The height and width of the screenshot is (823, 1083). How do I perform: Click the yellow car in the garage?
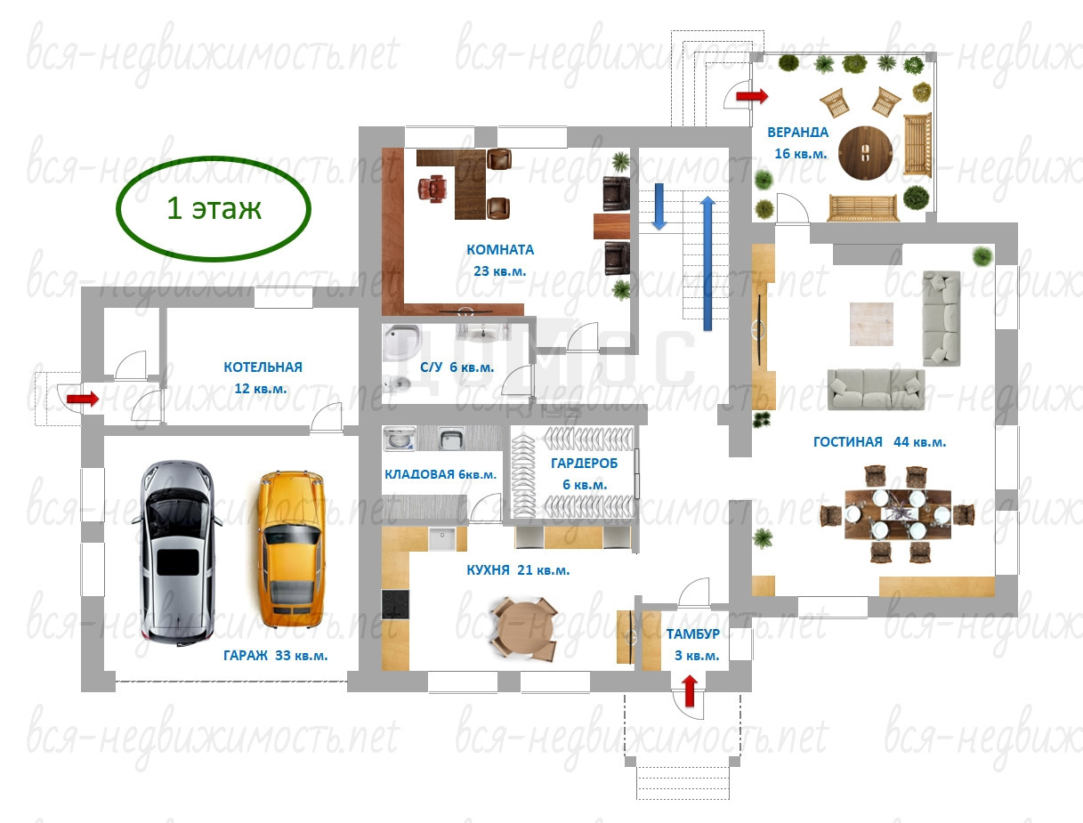click(x=291, y=549)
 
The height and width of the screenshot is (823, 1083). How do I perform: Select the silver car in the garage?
click(x=176, y=553)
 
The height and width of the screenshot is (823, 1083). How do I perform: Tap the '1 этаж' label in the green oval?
click(x=214, y=208)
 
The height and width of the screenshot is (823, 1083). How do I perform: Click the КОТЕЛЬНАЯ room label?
click(x=263, y=367)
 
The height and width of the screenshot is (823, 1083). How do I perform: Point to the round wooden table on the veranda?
click(x=865, y=153)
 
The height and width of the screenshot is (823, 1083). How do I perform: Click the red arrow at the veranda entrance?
click(x=752, y=96)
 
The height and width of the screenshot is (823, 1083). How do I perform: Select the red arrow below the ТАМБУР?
click(x=690, y=690)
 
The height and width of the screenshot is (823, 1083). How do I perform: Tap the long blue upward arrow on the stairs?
click(x=707, y=263)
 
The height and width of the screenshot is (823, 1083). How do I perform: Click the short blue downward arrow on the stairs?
click(x=659, y=206)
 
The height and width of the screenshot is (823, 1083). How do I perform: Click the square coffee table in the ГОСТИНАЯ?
click(x=871, y=324)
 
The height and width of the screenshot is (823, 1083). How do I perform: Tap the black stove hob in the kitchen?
click(x=395, y=604)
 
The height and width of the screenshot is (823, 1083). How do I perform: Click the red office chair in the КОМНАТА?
click(x=432, y=189)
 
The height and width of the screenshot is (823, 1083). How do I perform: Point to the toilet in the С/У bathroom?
click(x=397, y=383)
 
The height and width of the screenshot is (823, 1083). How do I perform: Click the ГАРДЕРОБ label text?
click(x=584, y=463)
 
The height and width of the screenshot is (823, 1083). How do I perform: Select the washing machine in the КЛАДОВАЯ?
click(x=400, y=439)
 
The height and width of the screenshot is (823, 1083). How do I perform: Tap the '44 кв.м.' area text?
click(x=919, y=442)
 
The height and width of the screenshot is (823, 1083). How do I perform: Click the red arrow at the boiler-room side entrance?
click(x=83, y=398)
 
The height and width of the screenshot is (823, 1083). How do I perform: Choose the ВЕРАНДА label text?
click(x=798, y=133)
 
